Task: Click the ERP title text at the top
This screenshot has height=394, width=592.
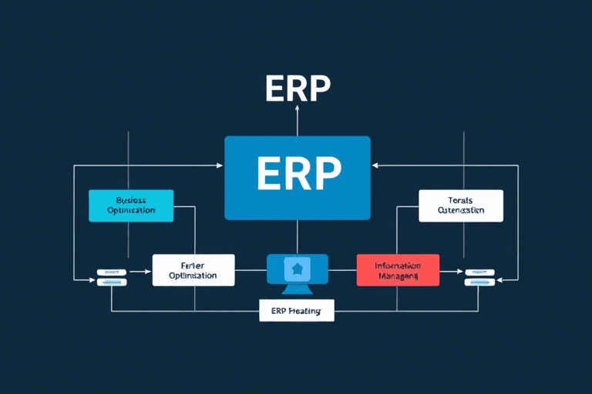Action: tap(297, 89)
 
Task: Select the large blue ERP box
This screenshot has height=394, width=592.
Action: tap(297, 178)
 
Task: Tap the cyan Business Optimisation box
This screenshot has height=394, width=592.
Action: tap(131, 205)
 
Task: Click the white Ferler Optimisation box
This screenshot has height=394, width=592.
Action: tap(193, 269)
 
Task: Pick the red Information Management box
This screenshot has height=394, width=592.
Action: tap(398, 269)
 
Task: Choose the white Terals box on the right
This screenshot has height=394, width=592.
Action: tap(460, 205)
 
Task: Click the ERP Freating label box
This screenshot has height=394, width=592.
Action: tap(297, 311)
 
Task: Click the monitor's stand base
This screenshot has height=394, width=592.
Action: tap(297, 291)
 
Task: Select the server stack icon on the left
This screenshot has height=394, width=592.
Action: tap(112, 276)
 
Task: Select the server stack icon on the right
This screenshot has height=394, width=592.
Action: tap(479, 276)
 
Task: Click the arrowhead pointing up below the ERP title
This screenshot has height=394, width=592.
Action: tap(297, 109)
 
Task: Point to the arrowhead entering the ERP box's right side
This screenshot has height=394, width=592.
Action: tap(375, 165)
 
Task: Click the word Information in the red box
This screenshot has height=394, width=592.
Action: tap(397, 265)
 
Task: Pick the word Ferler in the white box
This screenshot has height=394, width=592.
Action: tap(193, 264)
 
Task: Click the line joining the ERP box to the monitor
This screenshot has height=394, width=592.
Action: tap(297, 236)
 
